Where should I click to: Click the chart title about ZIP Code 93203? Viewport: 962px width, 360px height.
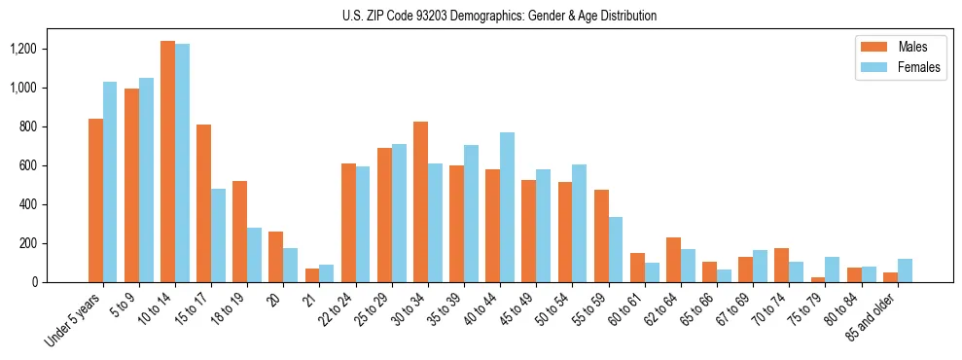pos(499,16)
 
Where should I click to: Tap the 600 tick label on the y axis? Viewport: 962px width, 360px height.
pos(28,165)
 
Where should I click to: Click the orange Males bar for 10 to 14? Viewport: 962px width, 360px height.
pos(167,162)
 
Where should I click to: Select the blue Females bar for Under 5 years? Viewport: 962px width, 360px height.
pos(110,182)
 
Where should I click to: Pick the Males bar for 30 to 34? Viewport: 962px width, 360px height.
pos(420,201)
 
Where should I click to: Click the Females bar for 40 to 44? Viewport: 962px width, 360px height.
pos(507,207)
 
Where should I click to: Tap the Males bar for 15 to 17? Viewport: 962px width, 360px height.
pos(203,203)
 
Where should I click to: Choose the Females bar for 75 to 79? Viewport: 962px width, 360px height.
pos(832,270)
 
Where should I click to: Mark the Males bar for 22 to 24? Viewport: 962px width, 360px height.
pos(348,223)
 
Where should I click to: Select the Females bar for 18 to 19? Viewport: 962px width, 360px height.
pos(254,255)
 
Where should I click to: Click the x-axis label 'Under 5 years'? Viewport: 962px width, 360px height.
pos(74,321)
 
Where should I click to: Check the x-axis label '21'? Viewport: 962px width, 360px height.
pos(308,296)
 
